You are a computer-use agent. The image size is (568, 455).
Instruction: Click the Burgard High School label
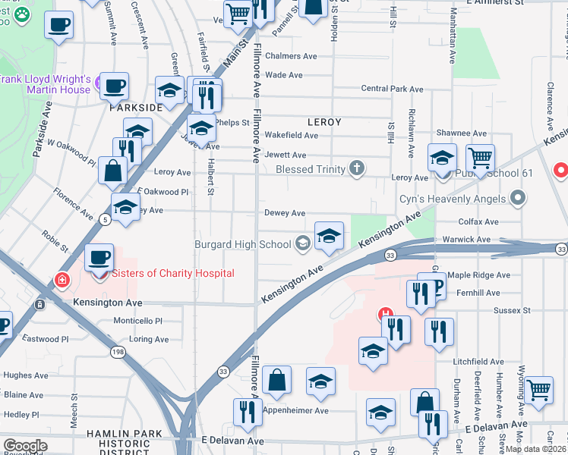[243, 244]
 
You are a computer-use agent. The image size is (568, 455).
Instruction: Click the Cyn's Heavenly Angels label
[453, 199]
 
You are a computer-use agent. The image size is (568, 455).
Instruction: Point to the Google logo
[24, 446]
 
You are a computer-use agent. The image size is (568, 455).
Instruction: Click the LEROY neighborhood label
[324, 121]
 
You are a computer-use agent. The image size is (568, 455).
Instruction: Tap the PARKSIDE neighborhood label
[136, 108]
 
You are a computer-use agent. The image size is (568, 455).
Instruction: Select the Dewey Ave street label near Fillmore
[285, 213]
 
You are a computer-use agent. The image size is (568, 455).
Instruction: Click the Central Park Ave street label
[392, 89]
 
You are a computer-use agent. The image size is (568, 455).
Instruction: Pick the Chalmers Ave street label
[291, 56]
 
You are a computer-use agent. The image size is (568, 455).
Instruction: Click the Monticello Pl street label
[138, 321]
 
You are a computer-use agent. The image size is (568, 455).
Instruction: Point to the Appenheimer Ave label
[295, 410]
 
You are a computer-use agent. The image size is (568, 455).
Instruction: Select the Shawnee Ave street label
[461, 133]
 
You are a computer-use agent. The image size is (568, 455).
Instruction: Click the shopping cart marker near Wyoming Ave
[538, 390]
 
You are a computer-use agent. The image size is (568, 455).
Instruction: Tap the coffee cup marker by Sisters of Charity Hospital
[99, 258]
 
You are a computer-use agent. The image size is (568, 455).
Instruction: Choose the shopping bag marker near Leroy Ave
[112, 170]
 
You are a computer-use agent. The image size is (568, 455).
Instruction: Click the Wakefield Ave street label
[291, 135]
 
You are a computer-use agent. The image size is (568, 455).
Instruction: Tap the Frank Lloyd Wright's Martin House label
[46, 85]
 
